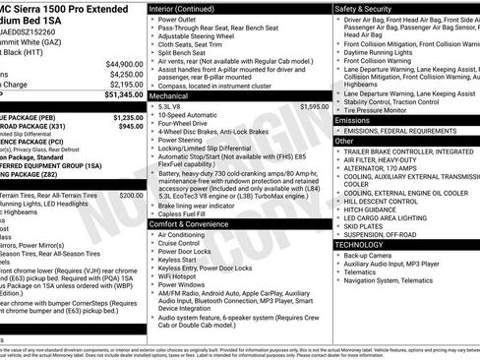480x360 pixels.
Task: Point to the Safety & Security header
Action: pyautogui.click(x=365, y=8)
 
